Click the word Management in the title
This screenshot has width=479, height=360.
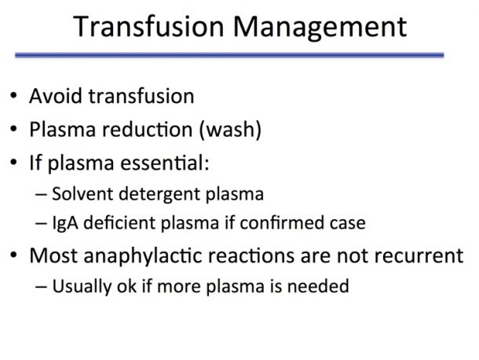pos(320,28)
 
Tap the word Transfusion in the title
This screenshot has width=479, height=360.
pos(148,26)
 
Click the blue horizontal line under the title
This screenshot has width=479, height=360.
pos(229,55)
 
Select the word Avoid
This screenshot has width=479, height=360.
pos(56,96)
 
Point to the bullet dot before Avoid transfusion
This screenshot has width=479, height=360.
pos(13,95)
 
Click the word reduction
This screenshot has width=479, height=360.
pos(148,129)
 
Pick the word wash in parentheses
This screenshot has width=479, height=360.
pos(230,130)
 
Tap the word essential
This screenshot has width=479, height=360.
pos(165,163)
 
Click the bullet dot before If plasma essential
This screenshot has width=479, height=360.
pos(13,162)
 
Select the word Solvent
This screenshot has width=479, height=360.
pos(82,194)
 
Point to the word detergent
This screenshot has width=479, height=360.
pos(159,195)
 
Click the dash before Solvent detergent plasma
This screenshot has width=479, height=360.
pos(42,194)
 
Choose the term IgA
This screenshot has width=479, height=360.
pos(65,223)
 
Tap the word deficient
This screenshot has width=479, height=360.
pos(119,222)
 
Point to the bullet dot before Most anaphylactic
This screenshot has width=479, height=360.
pos(13,255)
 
